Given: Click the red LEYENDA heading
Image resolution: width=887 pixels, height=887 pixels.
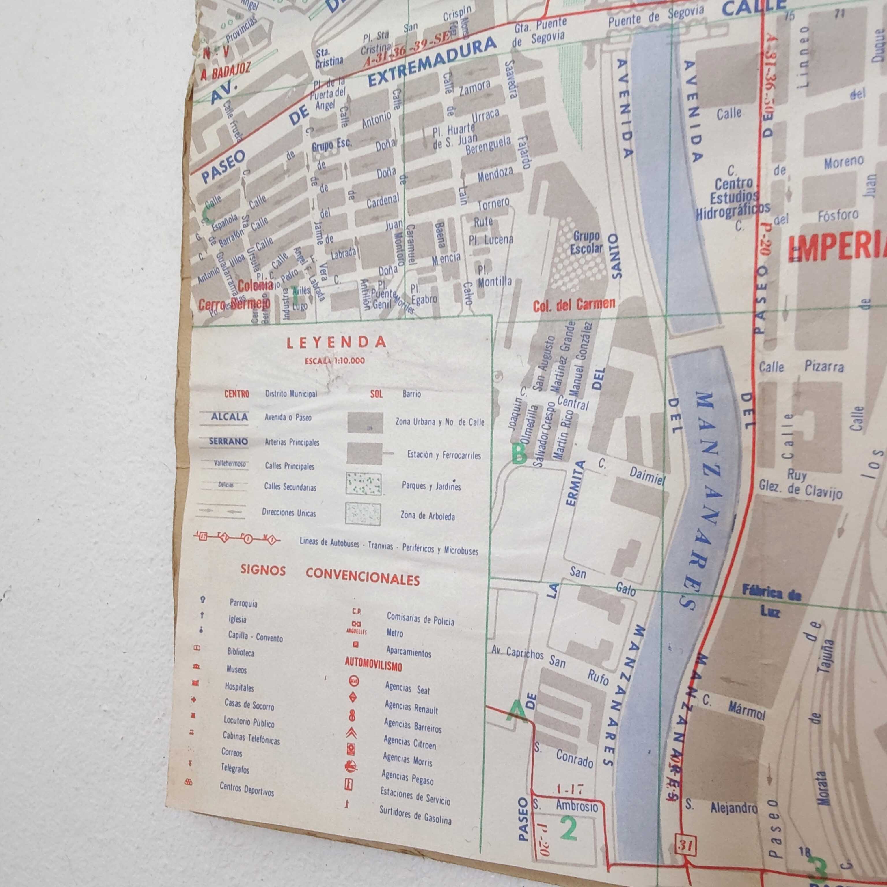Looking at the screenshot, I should (336, 342).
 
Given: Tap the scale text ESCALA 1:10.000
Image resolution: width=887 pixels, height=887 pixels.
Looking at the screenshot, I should (335, 361).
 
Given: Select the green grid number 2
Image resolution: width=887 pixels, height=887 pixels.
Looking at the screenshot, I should (568, 829).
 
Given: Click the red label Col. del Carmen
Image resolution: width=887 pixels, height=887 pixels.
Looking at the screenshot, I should (574, 304).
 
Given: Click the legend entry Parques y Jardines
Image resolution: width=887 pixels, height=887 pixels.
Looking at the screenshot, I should (431, 486).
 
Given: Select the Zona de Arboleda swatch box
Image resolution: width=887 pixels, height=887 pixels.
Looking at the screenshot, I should (363, 514).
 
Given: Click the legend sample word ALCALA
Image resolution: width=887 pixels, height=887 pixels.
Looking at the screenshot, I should (229, 417).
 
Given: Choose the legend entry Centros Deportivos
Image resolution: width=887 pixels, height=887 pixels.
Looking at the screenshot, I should (247, 789).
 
